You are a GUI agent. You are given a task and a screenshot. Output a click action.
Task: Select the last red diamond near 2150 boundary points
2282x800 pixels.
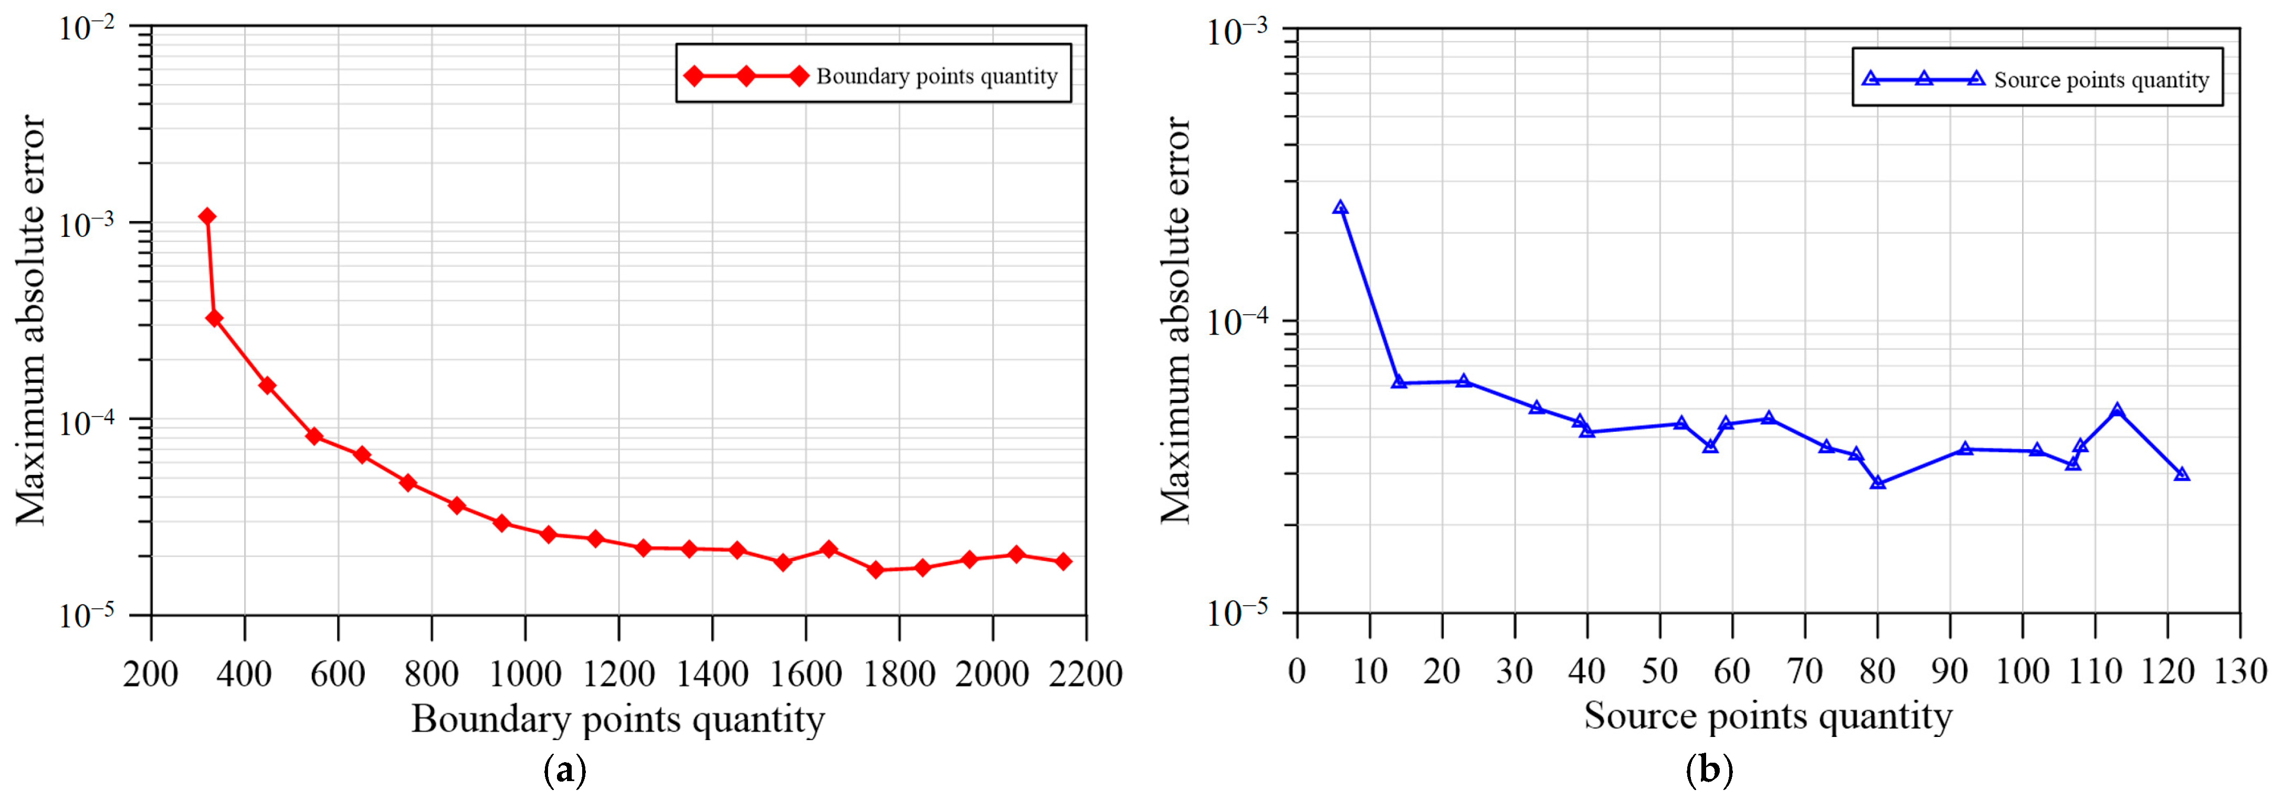point(1063,561)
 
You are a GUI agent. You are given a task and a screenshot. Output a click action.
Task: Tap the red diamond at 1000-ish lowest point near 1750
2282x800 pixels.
point(875,569)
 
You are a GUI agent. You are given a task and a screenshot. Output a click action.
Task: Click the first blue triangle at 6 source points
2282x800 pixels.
point(1340,208)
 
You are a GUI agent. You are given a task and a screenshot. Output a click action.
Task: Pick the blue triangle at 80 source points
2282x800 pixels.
point(1877,483)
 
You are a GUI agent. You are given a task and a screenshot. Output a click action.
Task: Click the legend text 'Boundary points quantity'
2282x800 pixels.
point(937,76)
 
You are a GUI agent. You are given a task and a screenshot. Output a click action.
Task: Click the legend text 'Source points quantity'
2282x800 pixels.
point(2101,80)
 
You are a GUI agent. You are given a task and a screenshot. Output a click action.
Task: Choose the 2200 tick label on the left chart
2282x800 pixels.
point(1085,674)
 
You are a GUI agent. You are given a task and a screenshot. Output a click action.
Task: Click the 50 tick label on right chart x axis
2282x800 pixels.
point(1659,671)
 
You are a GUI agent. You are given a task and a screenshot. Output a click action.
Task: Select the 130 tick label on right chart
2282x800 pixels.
point(2239,671)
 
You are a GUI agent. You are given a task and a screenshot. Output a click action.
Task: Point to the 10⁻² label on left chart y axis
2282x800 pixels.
point(87,27)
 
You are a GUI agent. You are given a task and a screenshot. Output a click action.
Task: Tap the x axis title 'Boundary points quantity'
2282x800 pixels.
point(617,720)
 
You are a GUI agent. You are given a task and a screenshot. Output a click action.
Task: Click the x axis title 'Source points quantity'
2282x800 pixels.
point(1768,716)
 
